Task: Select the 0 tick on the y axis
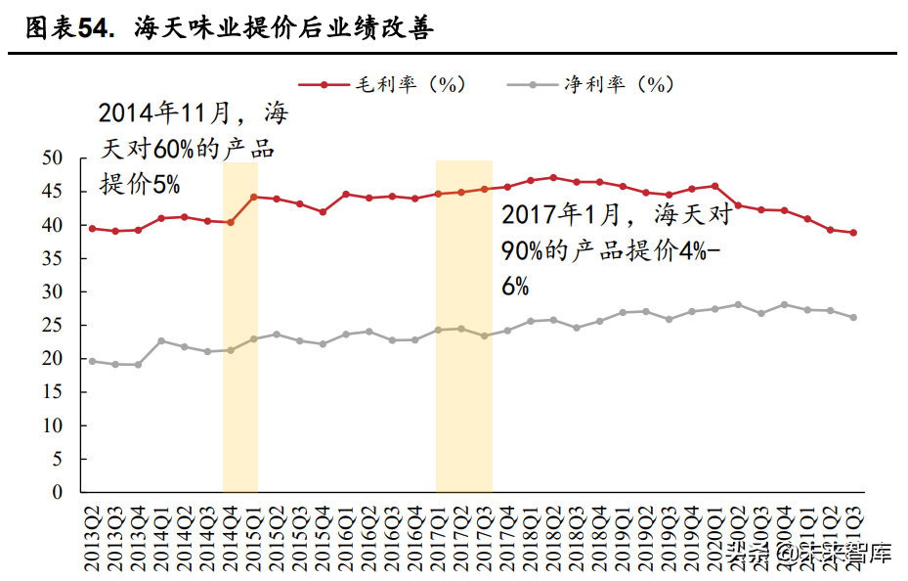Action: tap(58, 493)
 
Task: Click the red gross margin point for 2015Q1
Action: tap(253, 197)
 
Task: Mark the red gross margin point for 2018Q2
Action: tap(553, 178)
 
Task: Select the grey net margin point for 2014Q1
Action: tap(161, 341)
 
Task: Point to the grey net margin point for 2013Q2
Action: tap(92, 361)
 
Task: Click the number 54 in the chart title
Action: tap(91, 29)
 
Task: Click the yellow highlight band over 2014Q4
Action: tap(239, 391)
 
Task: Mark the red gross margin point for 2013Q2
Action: tap(92, 229)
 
